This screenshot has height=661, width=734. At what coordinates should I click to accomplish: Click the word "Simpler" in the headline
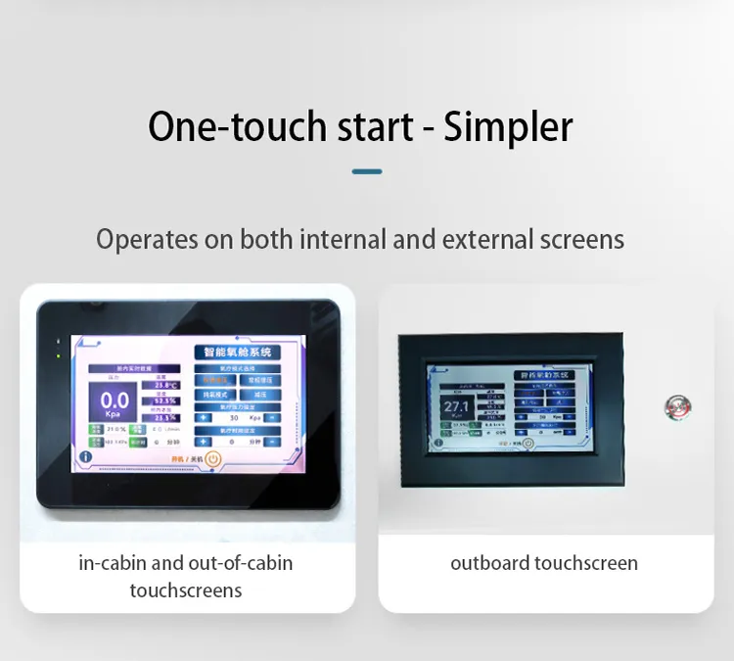point(508,126)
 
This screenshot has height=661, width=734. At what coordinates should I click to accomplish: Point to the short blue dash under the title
point(367,171)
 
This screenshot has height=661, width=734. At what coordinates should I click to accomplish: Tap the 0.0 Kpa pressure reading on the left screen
point(115,401)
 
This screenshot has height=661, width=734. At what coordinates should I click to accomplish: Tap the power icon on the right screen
point(528,442)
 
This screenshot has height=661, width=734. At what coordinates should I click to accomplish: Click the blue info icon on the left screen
point(86,456)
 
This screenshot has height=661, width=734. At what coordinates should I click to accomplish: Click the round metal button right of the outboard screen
point(675,405)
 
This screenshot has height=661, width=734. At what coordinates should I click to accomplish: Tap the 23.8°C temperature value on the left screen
point(164,386)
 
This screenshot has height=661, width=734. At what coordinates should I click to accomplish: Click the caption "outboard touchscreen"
point(544,563)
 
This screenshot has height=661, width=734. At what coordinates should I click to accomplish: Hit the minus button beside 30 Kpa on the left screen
point(271,417)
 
